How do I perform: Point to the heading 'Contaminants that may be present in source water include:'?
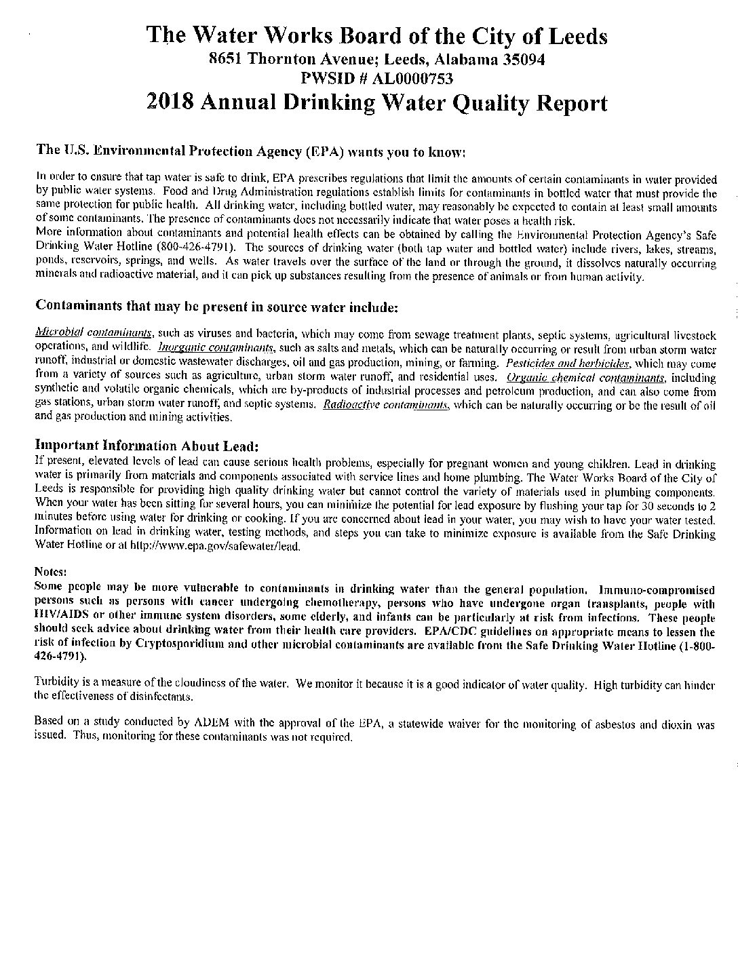pos(216,307)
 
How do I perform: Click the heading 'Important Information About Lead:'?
pos(147,446)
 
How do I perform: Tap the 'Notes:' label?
pos(50,572)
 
